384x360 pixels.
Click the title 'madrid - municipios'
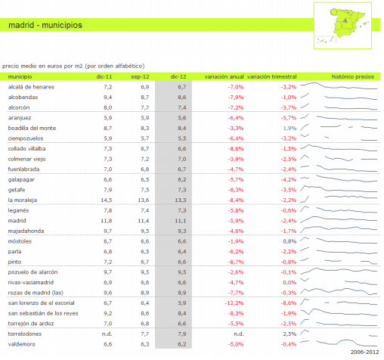pos(45,25)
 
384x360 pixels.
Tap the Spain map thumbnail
pos(342,26)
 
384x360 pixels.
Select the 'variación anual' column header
pos(224,76)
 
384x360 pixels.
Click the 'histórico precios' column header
pos(353,76)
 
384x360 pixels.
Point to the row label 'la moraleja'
pos(23,200)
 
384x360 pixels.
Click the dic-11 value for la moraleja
pos(107,200)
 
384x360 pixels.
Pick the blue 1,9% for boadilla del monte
pos(290,128)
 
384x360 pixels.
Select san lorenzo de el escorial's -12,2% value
pos(234,303)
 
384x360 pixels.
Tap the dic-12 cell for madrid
pos(181,221)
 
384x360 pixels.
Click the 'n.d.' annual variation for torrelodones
pos(239,334)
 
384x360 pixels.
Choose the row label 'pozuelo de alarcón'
pos(33,272)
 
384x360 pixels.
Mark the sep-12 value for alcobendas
pos(145,98)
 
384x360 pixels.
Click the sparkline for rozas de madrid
pos(339,292)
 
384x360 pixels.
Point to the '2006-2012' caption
pos(364,352)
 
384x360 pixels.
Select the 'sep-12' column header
pos(140,76)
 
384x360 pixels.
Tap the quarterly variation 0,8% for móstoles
pos(290,241)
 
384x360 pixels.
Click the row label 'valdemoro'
pos(22,344)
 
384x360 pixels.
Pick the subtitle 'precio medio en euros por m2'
pos(42,66)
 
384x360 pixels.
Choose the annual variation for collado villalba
pos(236,149)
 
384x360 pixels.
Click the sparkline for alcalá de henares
pos(339,85)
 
